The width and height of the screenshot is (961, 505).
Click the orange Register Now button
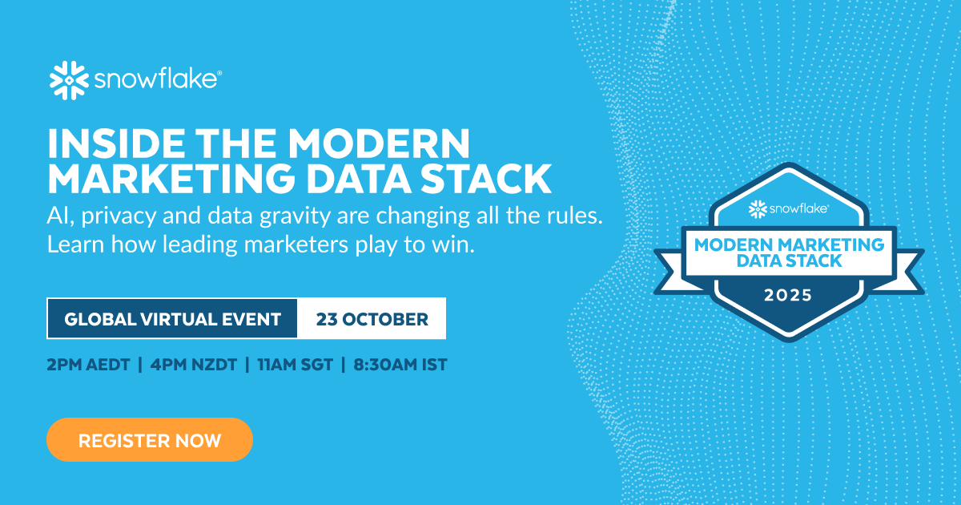[x=150, y=440]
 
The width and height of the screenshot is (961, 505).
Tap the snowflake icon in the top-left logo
[x=69, y=80]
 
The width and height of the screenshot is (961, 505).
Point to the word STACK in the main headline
[x=485, y=179]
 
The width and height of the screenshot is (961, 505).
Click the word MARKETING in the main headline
[x=171, y=179]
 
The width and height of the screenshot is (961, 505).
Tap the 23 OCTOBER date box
[x=372, y=319]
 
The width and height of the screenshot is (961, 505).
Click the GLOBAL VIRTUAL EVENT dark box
[x=172, y=319]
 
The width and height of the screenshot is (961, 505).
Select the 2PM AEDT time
[x=88, y=365]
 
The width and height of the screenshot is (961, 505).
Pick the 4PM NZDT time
[x=194, y=365]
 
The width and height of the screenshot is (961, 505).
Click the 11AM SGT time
[x=296, y=365]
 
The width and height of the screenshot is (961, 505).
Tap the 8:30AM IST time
[x=400, y=365]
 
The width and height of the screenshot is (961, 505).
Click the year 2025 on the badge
[x=788, y=296]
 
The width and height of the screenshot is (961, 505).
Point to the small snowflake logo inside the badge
[x=758, y=209]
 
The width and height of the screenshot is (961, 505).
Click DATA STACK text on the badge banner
[x=790, y=261]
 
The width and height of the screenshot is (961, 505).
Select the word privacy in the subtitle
[x=119, y=216]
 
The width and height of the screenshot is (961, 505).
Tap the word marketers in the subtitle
[x=296, y=244]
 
